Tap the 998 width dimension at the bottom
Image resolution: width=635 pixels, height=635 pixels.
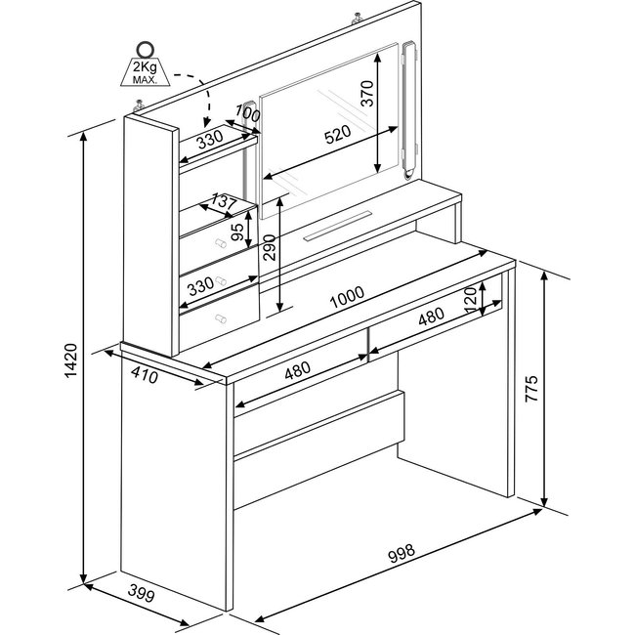point(402,554)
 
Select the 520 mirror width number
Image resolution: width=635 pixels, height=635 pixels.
point(336,136)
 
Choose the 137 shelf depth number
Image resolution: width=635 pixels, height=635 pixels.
point(224,201)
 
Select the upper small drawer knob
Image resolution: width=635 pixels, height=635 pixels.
point(219,281)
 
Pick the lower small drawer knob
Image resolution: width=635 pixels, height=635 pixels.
point(219,318)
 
